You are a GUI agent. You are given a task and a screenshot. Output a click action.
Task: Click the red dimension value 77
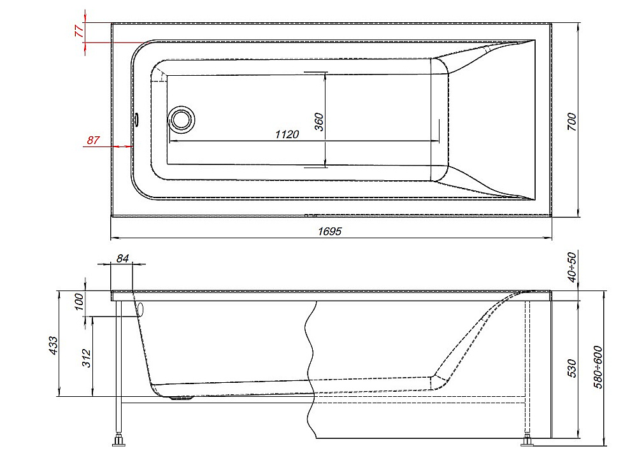80,31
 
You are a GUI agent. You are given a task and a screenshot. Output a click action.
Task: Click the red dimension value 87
93,140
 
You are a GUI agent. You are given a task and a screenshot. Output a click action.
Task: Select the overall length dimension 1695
329,231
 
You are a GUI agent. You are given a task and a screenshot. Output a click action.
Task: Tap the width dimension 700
571,122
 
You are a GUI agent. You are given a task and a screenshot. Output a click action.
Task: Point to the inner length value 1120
287,134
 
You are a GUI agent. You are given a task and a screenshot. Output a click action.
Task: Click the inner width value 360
319,122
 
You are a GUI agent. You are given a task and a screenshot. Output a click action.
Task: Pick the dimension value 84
122,259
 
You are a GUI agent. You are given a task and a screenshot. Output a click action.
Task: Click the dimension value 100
80,301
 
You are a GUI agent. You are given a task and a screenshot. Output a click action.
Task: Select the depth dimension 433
54,345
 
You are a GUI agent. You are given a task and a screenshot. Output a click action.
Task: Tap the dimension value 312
87,358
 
